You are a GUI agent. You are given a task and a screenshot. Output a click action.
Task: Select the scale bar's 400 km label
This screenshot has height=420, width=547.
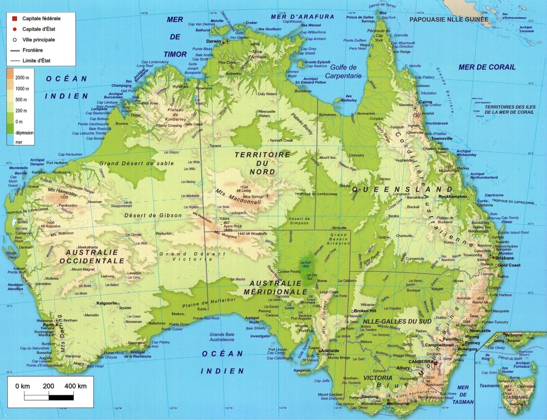coord(75,386)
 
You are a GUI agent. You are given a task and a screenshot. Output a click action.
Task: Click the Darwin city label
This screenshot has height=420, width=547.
coord(213,40)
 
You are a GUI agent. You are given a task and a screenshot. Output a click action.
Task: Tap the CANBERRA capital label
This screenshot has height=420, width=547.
coord(420,362)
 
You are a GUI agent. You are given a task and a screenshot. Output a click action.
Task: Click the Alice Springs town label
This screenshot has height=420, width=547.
coord(251,196)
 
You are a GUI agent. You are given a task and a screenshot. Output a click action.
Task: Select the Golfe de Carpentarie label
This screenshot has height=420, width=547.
coord(343,71)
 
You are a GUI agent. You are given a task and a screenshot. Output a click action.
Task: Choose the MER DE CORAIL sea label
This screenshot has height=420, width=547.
coord(487,67)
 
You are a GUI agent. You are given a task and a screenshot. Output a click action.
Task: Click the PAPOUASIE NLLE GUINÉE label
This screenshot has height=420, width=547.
coord(448,19)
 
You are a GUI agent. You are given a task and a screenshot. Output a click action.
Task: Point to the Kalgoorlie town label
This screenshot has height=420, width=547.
coord(107,303)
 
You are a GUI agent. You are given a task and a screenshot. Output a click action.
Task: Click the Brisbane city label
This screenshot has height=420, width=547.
coord(505,258)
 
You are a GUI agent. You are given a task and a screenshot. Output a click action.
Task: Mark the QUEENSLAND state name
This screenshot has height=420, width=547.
coord(402,189)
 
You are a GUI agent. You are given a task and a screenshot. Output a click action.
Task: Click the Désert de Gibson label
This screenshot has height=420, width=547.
coord(153,215)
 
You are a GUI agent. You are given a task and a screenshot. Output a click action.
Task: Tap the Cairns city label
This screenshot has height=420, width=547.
coord(425,103)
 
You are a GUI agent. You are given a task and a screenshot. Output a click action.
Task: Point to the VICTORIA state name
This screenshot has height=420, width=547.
coord(378,377)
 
